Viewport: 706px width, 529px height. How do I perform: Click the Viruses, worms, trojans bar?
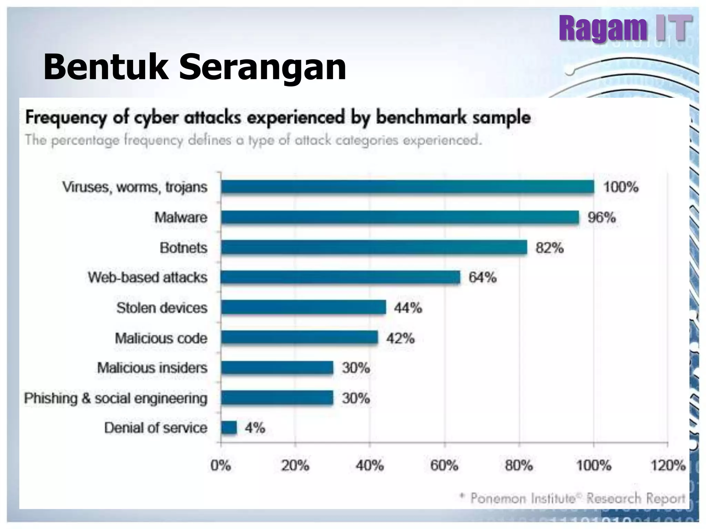tap(407, 187)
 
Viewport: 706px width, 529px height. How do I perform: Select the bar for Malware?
tap(400, 217)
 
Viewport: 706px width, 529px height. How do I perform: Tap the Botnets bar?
tap(374, 248)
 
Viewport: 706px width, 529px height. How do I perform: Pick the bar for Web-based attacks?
tap(341, 278)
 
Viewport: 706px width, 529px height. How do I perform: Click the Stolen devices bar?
tap(303, 308)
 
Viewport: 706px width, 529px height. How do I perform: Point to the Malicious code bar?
tap(299, 338)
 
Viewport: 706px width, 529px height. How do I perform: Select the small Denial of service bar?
tap(229, 428)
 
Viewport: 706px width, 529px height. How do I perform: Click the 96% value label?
tap(602, 218)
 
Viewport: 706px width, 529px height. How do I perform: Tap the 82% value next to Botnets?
tap(549, 248)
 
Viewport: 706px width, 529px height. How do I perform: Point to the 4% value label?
tap(255, 428)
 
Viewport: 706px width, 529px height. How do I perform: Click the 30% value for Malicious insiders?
tap(356, 368)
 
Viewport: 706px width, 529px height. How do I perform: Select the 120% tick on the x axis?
tap(668, 466)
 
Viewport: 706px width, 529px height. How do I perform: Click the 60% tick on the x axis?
tap(444, 466)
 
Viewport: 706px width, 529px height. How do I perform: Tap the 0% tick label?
tap(221, 466)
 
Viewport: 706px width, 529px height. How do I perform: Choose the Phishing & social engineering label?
tap(116, 398)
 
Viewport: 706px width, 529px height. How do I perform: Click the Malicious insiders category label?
tap(152, 368)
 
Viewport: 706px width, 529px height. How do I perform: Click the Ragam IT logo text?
tap(625, 28)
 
